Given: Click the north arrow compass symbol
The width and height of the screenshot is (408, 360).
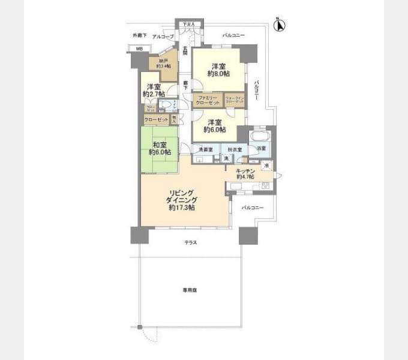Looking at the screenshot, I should coord(279,25).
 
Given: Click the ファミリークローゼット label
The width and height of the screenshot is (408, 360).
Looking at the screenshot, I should coord(207,99).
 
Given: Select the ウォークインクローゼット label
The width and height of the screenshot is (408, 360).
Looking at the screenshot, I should coord(235,100).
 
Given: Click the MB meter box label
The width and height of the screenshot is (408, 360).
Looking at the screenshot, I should coord(139,49).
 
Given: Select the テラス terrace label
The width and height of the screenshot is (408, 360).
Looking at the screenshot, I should coord(191,243).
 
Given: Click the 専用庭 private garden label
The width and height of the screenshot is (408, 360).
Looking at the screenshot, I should coord(190,290).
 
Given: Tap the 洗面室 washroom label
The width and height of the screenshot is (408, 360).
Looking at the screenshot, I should coord(205,149).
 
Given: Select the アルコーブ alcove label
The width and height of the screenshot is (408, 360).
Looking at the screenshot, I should coord(163,37).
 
